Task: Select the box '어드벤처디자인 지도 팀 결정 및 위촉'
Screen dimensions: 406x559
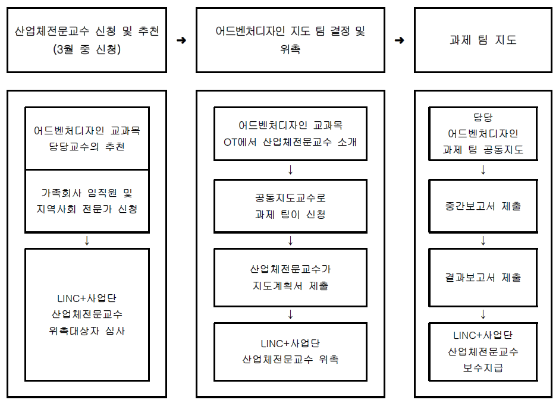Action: [290, 40]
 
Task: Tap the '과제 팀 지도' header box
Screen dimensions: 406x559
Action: [483, 40]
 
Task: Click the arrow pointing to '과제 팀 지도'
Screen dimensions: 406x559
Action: [400, 40]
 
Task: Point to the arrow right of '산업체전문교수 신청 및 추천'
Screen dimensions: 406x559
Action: [181, 40]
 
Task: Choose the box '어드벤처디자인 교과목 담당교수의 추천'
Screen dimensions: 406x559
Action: [87, 138]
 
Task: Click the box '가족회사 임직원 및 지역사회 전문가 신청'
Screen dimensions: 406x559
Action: [87, 200]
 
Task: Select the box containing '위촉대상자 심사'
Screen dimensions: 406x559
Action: [87, 314]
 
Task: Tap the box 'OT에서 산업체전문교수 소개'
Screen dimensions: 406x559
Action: [290, 134]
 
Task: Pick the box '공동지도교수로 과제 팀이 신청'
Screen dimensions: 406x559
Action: [290, 206]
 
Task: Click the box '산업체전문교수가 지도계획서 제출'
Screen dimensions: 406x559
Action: [290, 277]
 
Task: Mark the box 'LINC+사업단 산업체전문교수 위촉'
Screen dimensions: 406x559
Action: [290, 351]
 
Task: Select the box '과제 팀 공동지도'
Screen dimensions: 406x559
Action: [483, 134]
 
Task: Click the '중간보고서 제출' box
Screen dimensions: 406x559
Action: [483, 206]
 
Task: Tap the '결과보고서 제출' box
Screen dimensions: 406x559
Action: [483, 277]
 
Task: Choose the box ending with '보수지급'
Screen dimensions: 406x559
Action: [483, 351]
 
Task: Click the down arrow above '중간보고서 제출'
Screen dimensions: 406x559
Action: [483, 170]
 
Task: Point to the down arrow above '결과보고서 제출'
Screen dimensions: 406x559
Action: [483, 241]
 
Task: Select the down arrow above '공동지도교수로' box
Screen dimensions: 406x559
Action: [290, 170]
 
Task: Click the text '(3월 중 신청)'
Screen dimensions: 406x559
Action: [87, 50]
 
